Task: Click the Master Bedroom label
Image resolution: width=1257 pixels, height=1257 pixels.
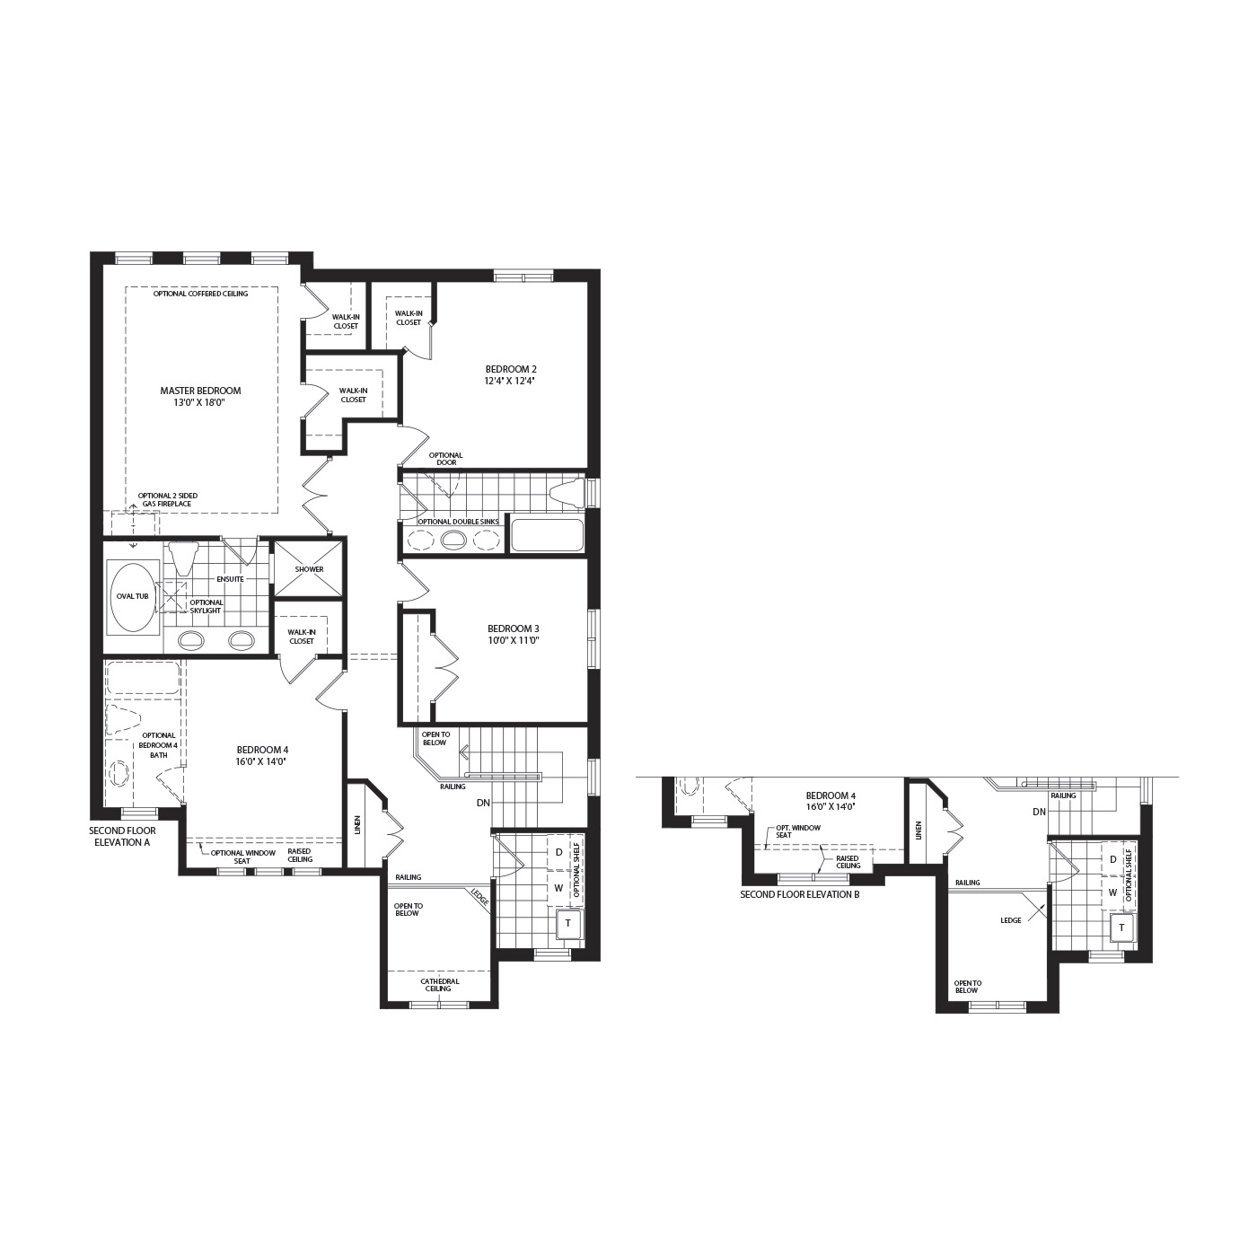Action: [200, 391]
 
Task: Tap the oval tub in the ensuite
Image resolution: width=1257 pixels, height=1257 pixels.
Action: [133, 596]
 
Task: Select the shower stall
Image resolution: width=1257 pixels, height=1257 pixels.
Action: [309, 569]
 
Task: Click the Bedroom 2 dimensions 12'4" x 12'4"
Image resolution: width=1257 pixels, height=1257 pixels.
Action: [512, 381]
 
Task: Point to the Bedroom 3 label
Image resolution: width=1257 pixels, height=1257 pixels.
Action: [514, 628]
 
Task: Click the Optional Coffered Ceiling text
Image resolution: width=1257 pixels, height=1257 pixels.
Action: [200, 294]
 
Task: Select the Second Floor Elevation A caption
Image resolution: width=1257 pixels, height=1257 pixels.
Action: [123, 836]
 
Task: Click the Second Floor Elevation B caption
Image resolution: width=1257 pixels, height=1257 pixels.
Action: [800, 894]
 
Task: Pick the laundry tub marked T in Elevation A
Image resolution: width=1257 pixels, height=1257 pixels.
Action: [568, 923]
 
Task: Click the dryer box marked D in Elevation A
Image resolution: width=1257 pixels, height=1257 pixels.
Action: [559, 852]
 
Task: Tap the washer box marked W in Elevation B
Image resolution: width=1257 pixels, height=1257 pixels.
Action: [1112, 892]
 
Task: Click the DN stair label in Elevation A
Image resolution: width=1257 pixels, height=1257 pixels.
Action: [483, 803]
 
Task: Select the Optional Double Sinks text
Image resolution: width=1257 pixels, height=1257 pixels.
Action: [458, 521]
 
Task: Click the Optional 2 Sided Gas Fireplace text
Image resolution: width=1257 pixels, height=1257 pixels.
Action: [168, 500]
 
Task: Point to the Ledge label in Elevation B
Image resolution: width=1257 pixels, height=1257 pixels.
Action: [1010, 920]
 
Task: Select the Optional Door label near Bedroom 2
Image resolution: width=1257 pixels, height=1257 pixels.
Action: [445, 459]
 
